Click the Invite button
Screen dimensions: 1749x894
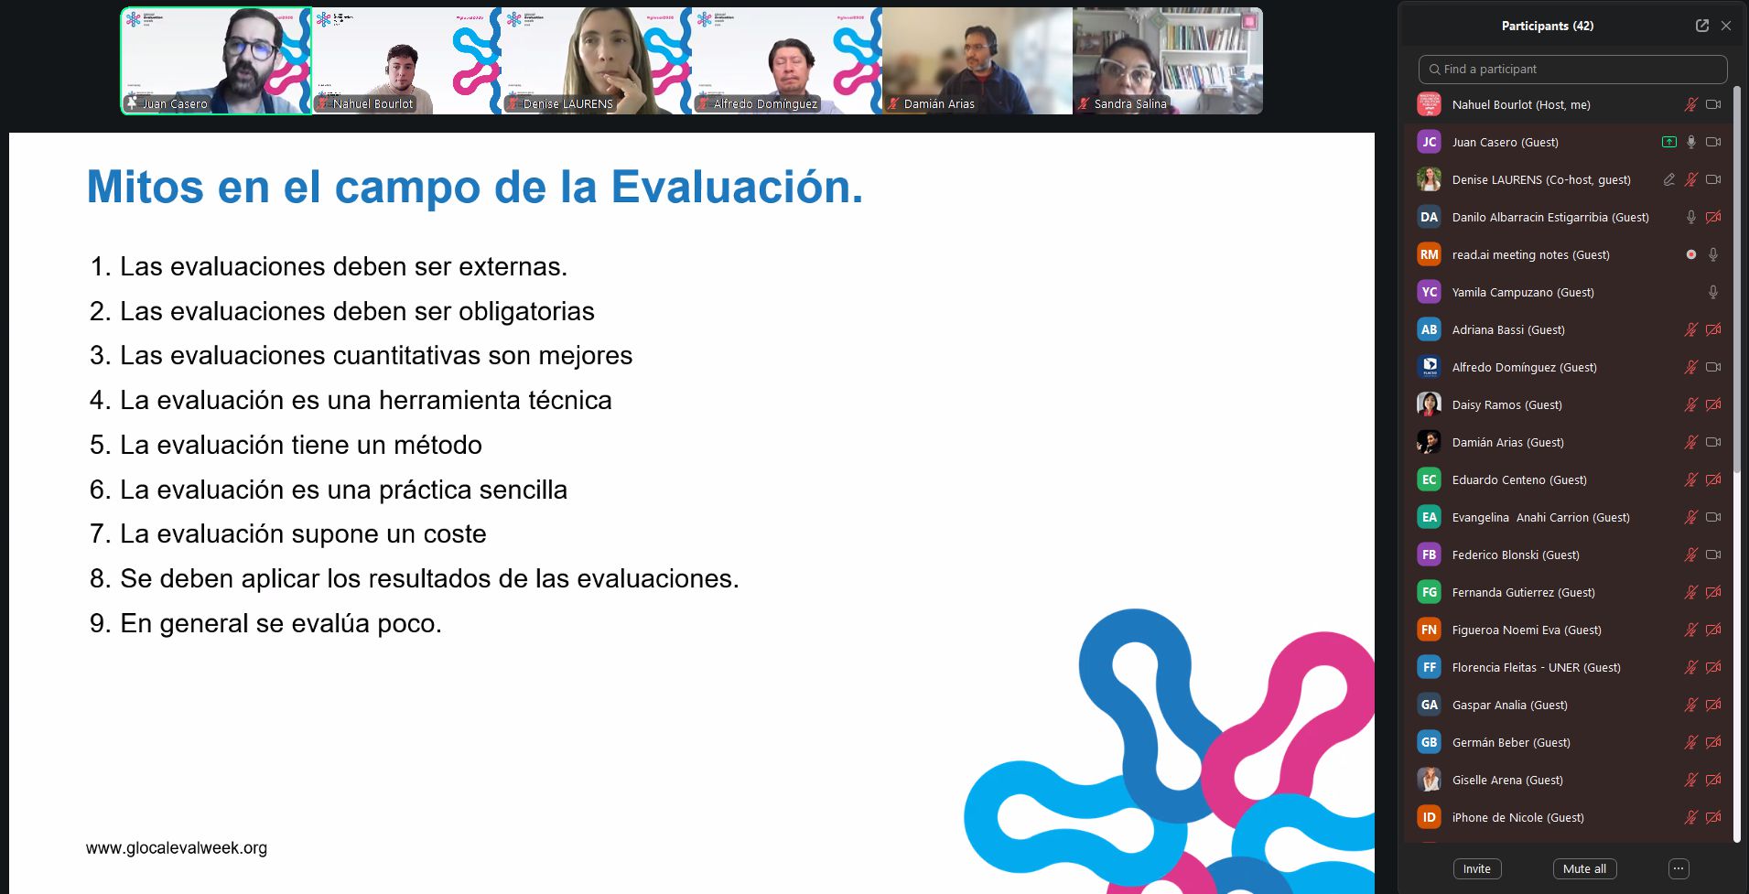(x=1476, y=868)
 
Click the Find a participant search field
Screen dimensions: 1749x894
(x=1572, y=69)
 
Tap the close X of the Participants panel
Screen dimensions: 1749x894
(x=1726, y=26)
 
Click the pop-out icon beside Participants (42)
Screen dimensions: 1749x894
(x=1702, y=26)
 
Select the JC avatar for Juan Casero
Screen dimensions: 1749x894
(x=1429, y=142)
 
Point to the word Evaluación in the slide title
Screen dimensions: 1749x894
(x=737, y=187)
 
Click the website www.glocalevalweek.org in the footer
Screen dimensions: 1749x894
(x=177, y=848)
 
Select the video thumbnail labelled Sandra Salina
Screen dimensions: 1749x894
(x=1168, y=60)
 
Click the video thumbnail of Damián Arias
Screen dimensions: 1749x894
(x=977, y=60)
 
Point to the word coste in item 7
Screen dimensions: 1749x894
(x=455, y=533)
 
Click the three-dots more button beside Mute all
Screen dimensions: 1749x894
(x=1679, y=868)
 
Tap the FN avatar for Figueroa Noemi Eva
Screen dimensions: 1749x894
(x=1429, y=630)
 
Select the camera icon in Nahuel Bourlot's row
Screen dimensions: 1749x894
(x=1713, y=104)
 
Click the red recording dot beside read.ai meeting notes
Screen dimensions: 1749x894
(x=1691, y=254)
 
